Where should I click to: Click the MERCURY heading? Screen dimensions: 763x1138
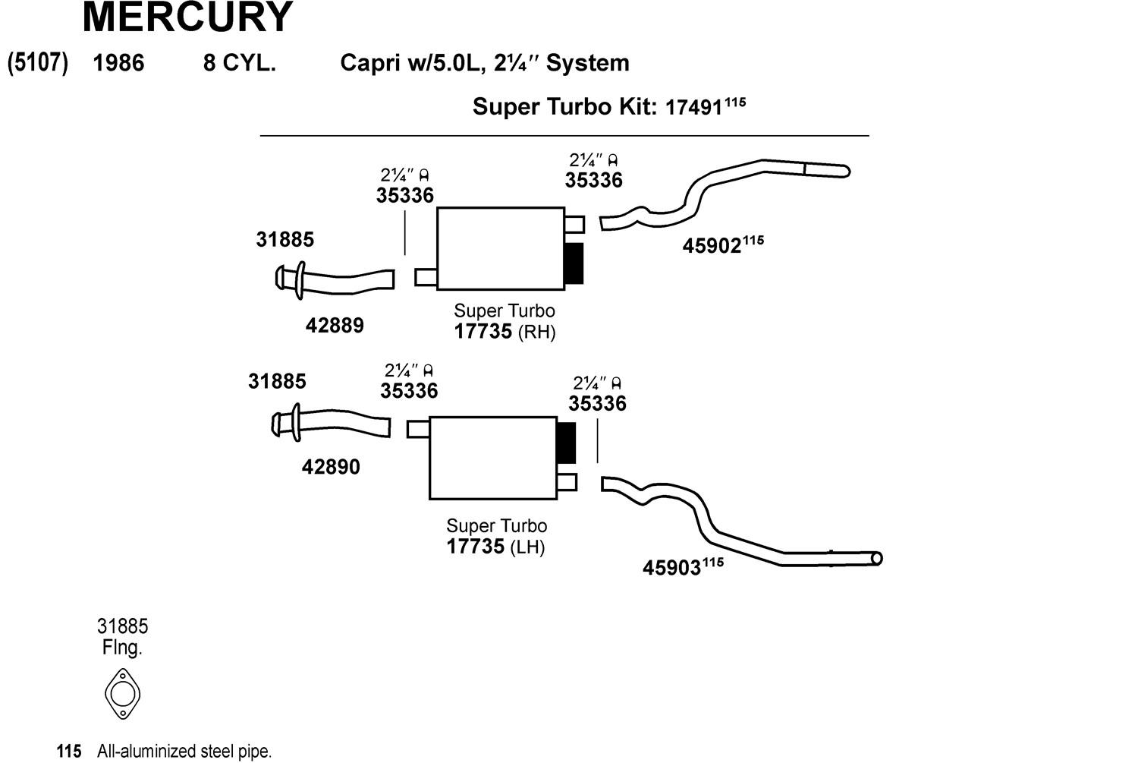pos(187,17)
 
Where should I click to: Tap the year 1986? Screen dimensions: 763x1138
pos(118,63)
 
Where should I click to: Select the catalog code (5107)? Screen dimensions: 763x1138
pos(38,62)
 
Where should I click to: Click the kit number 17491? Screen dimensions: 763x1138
pos(693,108)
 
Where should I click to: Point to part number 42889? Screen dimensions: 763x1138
pos(335,326)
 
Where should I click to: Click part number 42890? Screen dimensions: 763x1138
pos(331,467)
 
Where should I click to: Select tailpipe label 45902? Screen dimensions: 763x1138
pos(712,246)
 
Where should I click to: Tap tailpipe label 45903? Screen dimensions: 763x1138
pos(671,567)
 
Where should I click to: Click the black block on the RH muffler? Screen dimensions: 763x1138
pos(574,263)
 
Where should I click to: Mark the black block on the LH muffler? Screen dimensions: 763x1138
pos(566,443)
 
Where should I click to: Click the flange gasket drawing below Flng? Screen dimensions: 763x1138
pos(122,694)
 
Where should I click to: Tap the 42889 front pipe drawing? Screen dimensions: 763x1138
pos(341,281)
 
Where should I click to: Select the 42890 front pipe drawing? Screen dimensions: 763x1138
pos(338,424)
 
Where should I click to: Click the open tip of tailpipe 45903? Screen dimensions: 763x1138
pos(876,559)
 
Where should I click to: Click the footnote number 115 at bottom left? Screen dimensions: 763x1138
pos(69,752)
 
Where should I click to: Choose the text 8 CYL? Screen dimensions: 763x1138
pos(239,63)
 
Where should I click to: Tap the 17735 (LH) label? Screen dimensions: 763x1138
pos(495,547)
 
